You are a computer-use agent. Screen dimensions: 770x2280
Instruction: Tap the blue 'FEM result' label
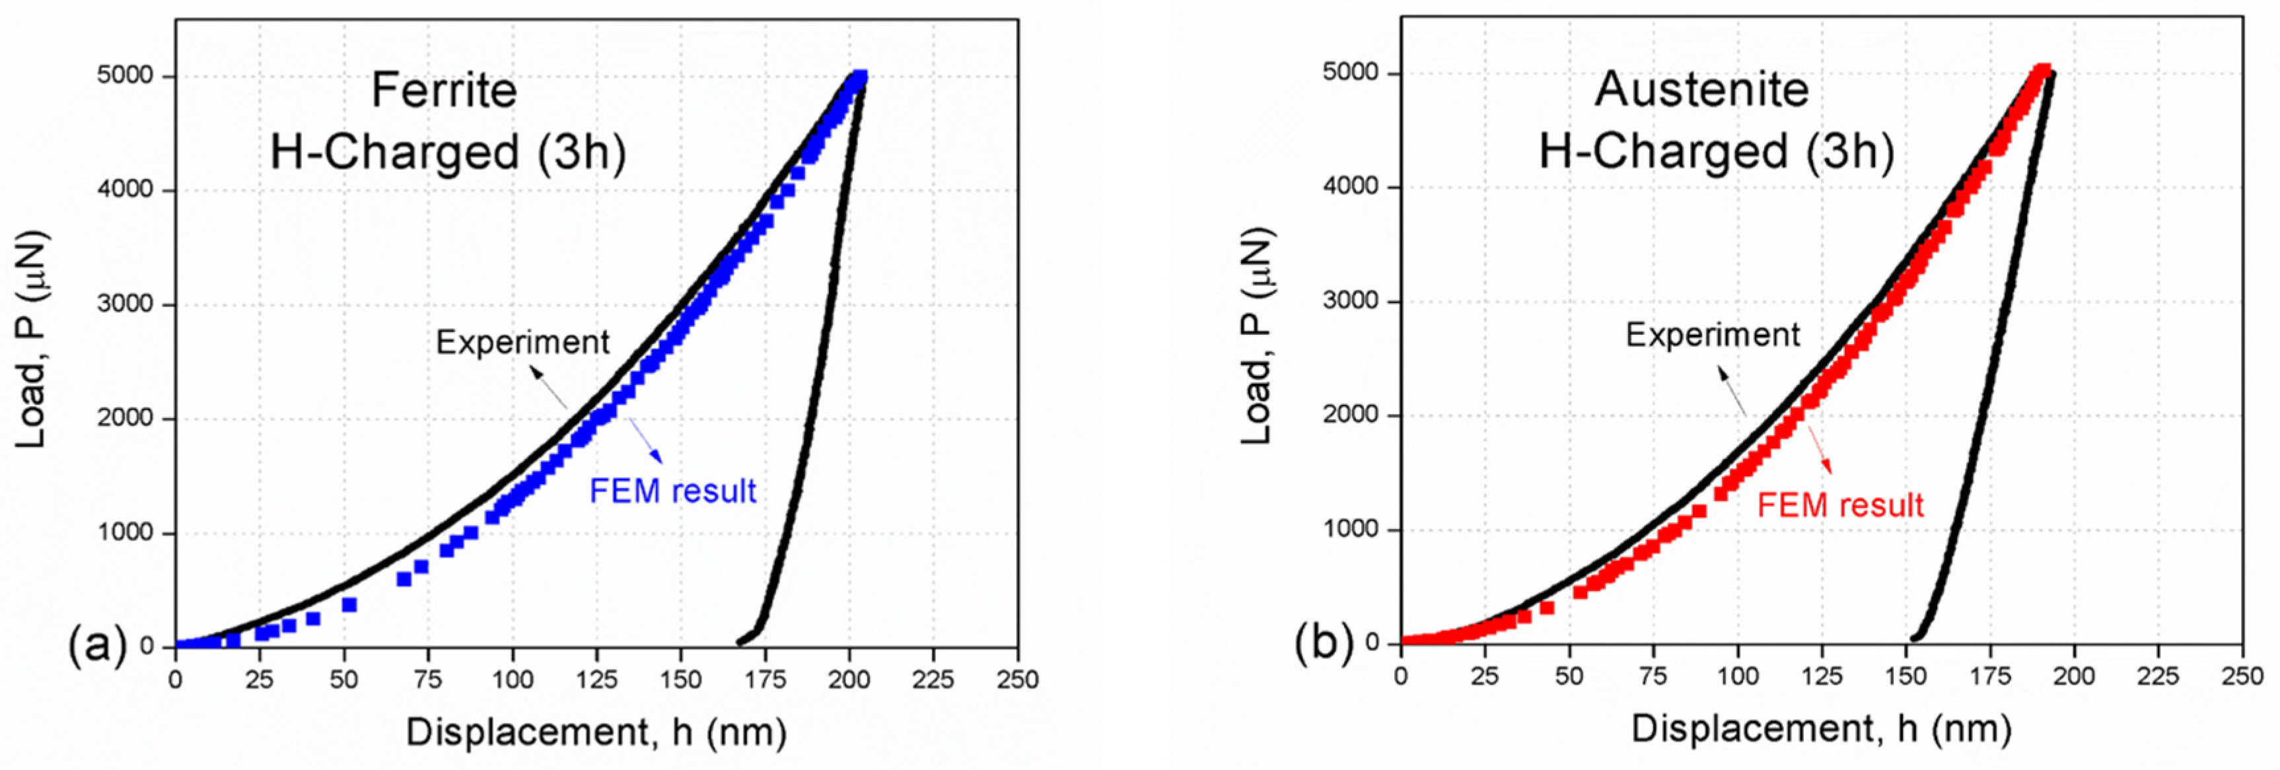tap(672, 491)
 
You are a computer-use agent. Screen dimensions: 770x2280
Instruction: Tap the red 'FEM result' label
tap(1840, 505)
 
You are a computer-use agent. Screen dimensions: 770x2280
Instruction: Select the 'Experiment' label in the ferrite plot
tap(522, 343)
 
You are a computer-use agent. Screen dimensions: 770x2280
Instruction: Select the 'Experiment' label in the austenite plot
tap(1713, 335)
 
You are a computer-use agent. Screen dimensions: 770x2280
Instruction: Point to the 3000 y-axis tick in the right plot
tap(1351, 301)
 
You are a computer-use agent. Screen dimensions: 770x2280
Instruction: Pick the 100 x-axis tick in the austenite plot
tap(1738, 677)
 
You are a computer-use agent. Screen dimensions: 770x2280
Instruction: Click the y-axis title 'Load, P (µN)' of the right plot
tap(1257, 336)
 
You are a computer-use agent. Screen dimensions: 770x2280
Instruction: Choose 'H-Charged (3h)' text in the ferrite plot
tap(448, 153)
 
